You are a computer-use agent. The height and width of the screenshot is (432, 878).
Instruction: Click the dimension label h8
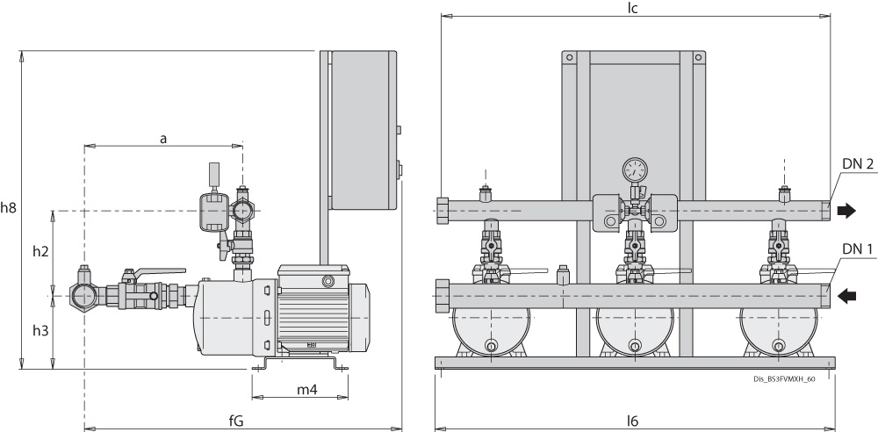[x=9, y=208]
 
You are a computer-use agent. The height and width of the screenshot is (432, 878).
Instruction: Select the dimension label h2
[x=40, y=252]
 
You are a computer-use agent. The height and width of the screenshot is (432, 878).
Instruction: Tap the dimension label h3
[x=40, y=332]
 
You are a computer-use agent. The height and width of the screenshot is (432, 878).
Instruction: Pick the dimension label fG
[x=236, y=421]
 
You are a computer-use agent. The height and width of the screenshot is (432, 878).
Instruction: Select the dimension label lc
[x=632, y=8]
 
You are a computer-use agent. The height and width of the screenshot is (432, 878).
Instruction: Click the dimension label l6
[x=632, y=421]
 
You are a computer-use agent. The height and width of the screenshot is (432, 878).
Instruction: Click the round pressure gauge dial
[x=634, y=169]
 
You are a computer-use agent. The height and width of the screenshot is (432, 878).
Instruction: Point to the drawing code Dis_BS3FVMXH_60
[x=784, y=379]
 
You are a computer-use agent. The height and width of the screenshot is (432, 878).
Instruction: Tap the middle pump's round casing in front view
[x=633, y=332]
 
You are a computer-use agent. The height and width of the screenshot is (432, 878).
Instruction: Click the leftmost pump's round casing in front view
[x=489, y=332]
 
